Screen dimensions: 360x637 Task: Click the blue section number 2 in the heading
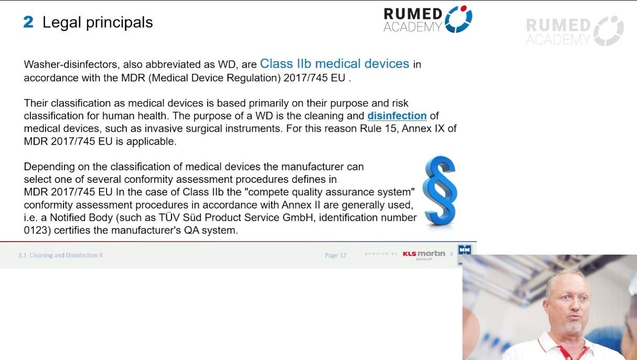(28, 22)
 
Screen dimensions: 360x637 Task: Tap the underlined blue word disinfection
(397, 116)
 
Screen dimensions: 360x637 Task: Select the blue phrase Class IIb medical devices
(334, 64)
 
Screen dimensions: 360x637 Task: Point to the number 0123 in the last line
(37, 230)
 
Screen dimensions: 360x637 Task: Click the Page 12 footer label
(336, 255)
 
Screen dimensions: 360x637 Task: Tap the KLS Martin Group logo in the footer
(424, 254)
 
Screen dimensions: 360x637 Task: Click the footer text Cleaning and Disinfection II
(66, 255)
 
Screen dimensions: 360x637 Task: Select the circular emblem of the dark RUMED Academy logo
(459, 19)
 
